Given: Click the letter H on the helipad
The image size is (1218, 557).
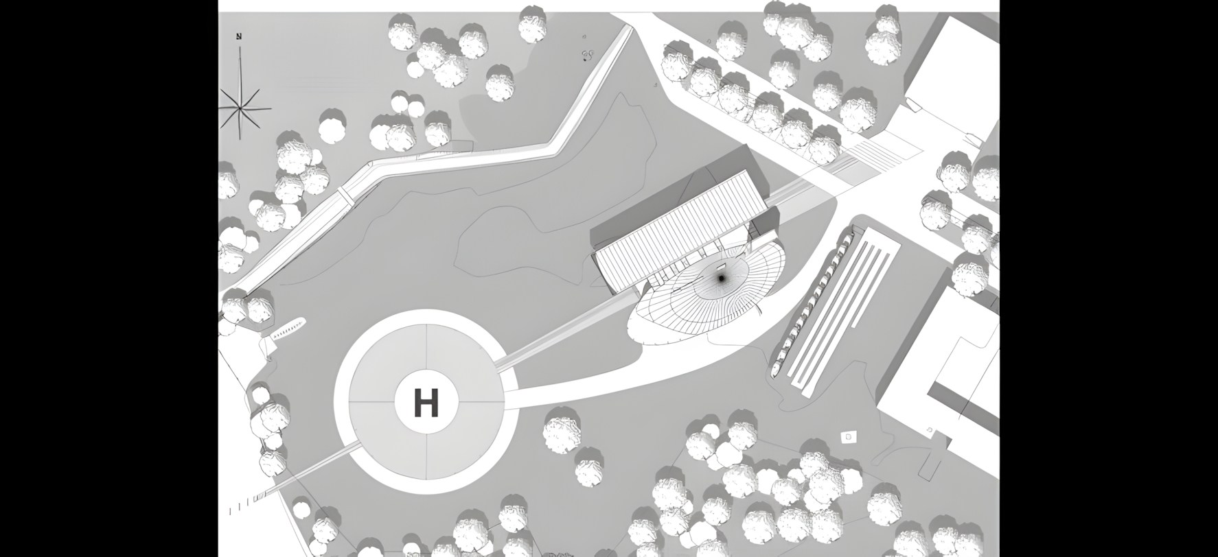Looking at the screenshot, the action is click(426, 402).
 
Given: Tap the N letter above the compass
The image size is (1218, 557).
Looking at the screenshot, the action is click(239, 37).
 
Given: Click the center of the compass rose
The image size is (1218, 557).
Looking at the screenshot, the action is click(242, 108).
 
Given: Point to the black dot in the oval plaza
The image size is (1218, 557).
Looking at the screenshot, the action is click(721, 278).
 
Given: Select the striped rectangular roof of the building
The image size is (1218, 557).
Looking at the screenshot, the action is click(680, 226).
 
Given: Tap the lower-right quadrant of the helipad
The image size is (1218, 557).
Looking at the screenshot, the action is click(464, 440).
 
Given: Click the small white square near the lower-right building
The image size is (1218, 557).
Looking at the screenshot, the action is click(849, 436).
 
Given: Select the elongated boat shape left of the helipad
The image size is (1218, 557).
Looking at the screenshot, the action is click(288, 329).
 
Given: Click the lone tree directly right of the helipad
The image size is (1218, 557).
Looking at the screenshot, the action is click(563, 430).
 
